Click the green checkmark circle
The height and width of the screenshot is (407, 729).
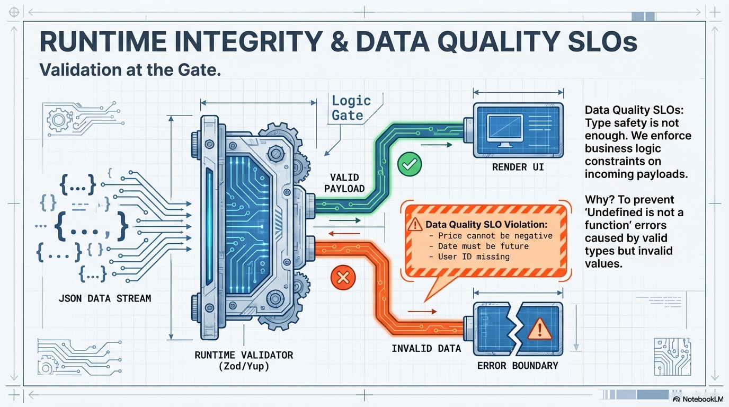tap(409, 164)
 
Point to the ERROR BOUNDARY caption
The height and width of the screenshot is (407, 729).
tap(518, 365)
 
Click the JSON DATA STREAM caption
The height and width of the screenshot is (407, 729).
tap(105, 298)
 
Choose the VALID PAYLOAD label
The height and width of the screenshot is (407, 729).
tap(344, 183)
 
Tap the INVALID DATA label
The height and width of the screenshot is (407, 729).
tap(426, 349)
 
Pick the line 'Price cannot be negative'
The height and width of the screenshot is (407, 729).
tap(495, 236)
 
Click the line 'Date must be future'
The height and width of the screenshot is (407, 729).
tap(483, 246)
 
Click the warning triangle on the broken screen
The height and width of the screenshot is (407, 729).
tap(540, 329)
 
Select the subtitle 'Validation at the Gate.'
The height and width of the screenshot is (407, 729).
tap(130, 70)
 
